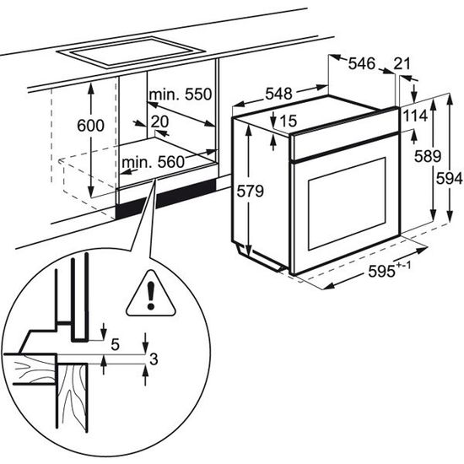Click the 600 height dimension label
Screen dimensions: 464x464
coord(90,126)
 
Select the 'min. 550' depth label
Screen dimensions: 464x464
coord(181,94)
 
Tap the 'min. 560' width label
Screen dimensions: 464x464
coord(153,162)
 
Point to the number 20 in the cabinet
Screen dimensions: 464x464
coord(159,121)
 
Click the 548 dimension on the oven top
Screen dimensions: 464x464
coord(278,94)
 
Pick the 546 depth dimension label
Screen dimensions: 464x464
coord(362,63)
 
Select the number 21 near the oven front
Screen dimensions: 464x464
coord(402,63)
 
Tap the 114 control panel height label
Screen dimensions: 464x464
coord(416,116)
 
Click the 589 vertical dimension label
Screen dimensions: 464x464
coord(428,156)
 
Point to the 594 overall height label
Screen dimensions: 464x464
coord(449,179)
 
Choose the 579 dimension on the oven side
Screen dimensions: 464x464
coord(251,192)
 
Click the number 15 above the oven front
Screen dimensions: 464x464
coord(289,121)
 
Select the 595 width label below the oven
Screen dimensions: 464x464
coord(390,270)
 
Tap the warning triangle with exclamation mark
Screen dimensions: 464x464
coord(151,295)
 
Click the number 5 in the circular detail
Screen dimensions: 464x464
coord(115,345)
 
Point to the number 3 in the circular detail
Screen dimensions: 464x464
coord(154,359)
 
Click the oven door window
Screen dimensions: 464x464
coord(347,204)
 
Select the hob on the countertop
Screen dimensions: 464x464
coord(131,52)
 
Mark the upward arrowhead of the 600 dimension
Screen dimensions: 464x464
coord(91,88)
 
